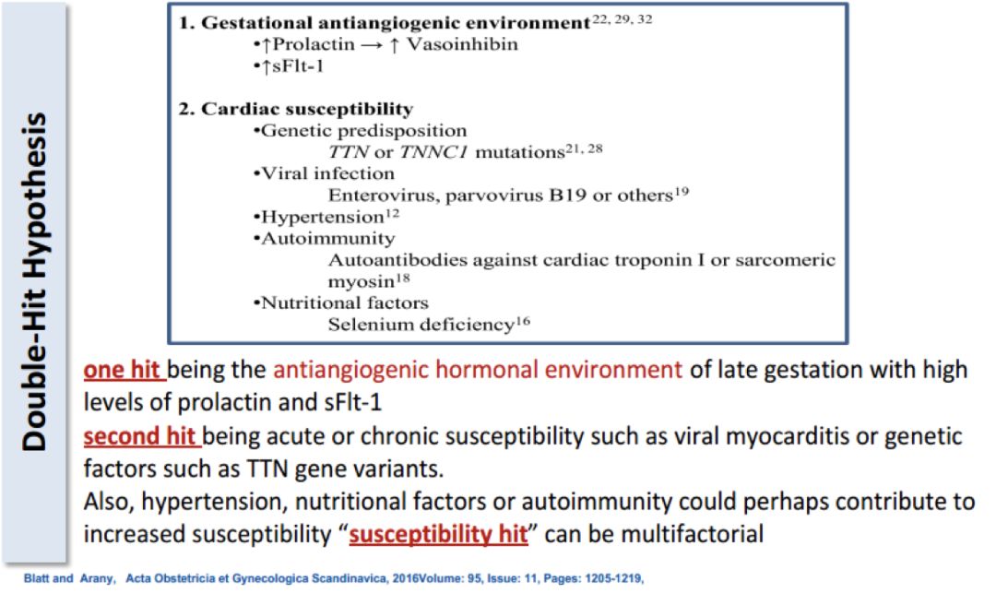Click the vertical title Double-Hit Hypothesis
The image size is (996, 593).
tap(34, 281)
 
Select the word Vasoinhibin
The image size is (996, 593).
tap(462, 44)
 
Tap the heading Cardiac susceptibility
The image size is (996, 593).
tap(307, 109)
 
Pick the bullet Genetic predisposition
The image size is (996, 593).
tap(361, 131)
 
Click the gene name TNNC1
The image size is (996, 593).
tap(433, 152)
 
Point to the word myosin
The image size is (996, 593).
tap(361, 281)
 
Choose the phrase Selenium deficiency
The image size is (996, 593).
tap(421, 325)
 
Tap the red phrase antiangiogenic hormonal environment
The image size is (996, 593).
tap(478, 370)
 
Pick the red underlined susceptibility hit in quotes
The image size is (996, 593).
tap(438, 534)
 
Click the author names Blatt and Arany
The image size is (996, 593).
tap(69, 578)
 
